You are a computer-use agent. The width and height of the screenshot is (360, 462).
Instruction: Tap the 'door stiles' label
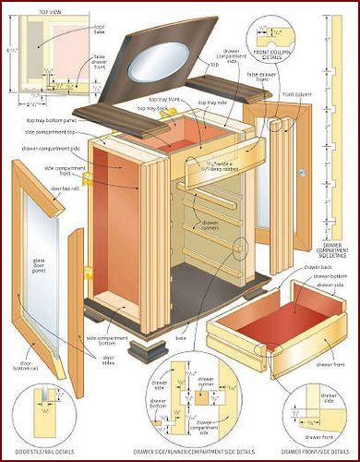tap(108, 359)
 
